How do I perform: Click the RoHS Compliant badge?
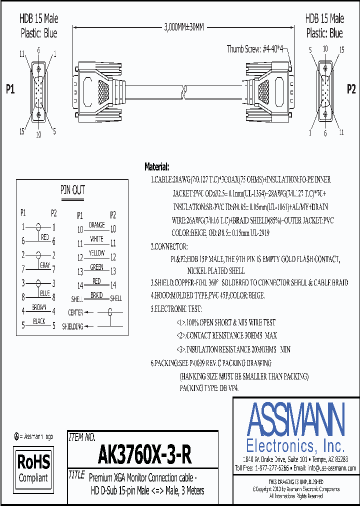(x=33, y=467)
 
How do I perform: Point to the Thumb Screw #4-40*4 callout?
(x=255, y=48)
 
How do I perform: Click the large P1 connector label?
(x=10, y=89)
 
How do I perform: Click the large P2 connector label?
(x=351, y=89)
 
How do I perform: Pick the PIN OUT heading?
(x=72, y=190)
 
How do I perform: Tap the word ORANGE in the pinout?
(x=96, y=225)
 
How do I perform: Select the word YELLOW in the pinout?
(x=96, y=253)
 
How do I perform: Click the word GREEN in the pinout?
(x=96, y=267)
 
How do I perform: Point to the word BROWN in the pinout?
(x=39, y=307)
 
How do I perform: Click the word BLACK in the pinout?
(x=39, y=321)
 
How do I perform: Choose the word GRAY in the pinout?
(x=45, y=265)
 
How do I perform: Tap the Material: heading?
(x=157, y=166)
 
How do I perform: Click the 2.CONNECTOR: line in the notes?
(x=169, y=246)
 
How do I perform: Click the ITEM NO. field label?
(x=81, y=437)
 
